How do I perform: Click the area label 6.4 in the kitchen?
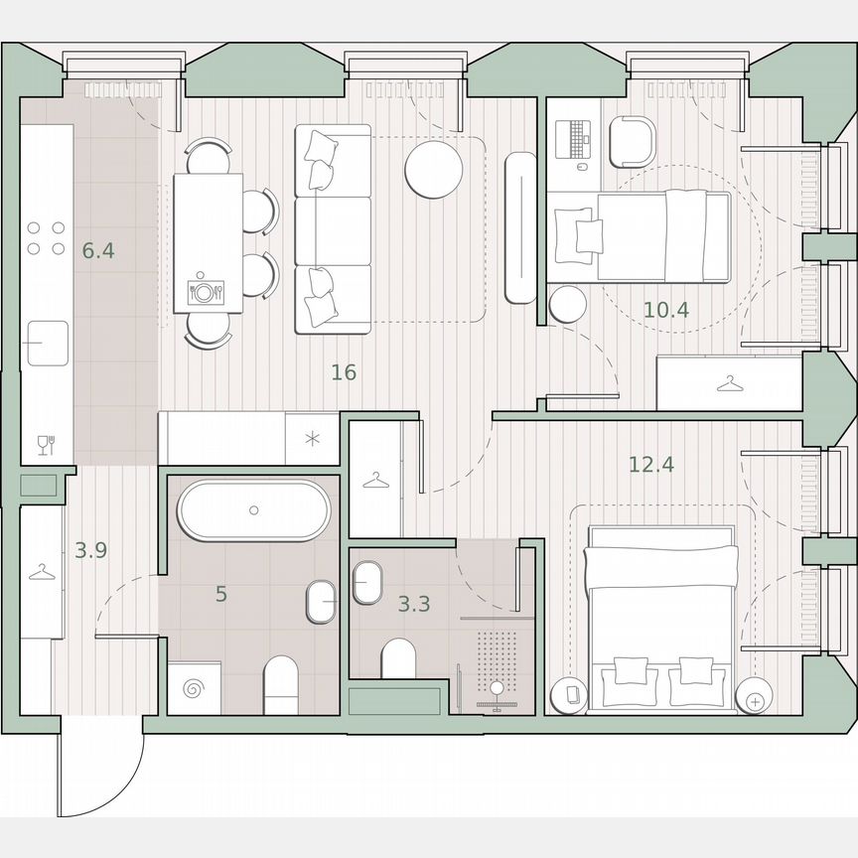click(98, 251)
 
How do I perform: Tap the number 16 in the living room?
click(344, 373)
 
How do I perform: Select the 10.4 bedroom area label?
click(665, 309)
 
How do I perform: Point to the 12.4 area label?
click(651, 463)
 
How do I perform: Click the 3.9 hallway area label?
click(91, 550)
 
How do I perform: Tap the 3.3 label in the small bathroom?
click(413, 603)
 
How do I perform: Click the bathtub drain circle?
click(254, 509)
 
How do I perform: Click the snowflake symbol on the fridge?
click(312, 439)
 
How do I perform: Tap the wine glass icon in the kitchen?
click(44, 444)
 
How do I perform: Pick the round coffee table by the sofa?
click(434, 169)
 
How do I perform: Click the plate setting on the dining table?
click(206, 292)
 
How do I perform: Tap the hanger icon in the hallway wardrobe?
click(41, 572)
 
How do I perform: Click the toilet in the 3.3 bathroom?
click(399, 658)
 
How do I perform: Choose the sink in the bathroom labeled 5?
click(321, 601)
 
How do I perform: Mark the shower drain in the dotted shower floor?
click(497, 687)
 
